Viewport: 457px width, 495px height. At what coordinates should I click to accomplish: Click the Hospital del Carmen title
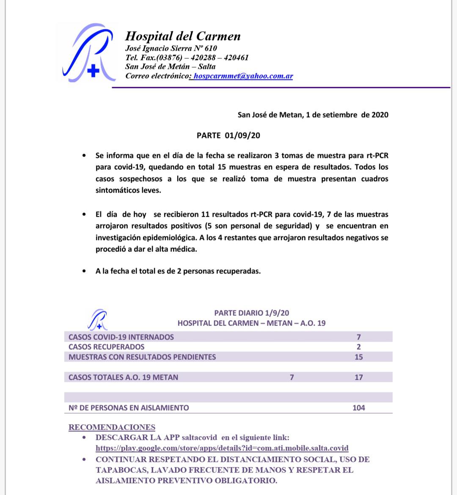click(x=183, y=36)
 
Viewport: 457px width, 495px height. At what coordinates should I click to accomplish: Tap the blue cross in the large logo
click(x=93, y=71)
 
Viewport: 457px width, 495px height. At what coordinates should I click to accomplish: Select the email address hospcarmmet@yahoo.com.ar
click(x=243, y=76)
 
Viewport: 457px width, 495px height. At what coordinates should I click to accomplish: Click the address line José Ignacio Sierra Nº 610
click(x=171, y=48)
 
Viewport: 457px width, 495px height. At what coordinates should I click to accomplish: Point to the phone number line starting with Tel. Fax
click(x=187, y=58)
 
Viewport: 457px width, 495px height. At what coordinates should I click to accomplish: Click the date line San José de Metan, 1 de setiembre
click(x=313, y=115)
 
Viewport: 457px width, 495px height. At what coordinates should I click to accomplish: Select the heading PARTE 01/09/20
click(x=228, y=136)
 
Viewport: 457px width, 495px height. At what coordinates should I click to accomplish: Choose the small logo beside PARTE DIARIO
click(x=97, y=319)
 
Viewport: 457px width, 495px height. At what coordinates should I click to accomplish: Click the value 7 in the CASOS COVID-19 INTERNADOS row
click(x=358, y=337)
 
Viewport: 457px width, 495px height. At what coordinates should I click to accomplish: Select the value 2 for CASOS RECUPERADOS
click(x=358, y=347)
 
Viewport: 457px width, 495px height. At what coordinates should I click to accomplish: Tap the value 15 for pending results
click(x=358, y=357)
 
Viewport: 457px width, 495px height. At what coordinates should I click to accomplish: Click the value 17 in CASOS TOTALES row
click(x=358, y=377)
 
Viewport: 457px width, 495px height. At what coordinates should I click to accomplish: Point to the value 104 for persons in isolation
click(x=358, y=408)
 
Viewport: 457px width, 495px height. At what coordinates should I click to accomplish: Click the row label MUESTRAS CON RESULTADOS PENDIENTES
click(x=142, y=357)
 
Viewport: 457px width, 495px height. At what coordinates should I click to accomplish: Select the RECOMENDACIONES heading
click(x=112, y=427)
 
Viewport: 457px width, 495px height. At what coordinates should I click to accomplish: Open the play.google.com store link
click(x=222, y=448)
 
